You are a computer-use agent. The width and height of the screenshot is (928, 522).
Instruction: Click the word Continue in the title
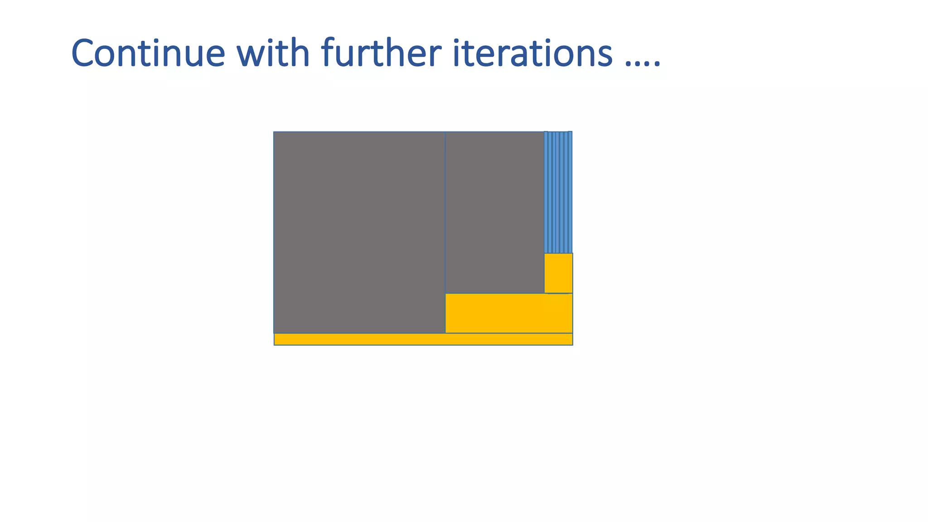pos(148,53)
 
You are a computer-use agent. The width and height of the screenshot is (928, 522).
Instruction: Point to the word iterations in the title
pos(532,53)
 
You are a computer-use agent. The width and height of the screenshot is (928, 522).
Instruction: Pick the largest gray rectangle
pos(359,232)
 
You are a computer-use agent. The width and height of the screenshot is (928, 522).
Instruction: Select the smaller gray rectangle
pos(494,213)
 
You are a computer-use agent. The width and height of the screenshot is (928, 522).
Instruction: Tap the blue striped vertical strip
pos(558,192)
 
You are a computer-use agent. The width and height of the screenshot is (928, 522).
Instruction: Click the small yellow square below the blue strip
pos(558,273)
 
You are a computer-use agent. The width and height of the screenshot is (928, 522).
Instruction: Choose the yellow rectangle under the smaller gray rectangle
pos(508,313)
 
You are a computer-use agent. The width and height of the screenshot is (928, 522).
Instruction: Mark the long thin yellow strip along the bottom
pos(423,339)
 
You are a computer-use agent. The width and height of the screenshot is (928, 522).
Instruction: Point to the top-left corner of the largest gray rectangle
pos(274,132)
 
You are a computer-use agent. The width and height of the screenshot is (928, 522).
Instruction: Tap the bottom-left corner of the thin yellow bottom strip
pos(275,345)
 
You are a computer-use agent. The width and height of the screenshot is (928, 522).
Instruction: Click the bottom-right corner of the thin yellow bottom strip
pos(572,345)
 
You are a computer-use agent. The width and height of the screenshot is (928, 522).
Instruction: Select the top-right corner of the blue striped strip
pos(572,132)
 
